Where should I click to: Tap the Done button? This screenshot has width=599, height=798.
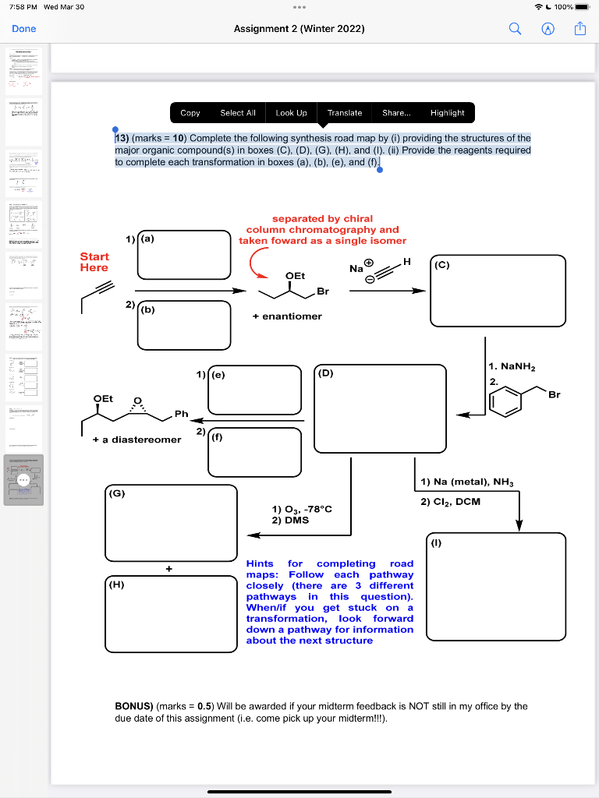(23, 29)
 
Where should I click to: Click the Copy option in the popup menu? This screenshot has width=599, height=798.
(190, 113)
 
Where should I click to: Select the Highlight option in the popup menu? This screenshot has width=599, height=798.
(447, 113)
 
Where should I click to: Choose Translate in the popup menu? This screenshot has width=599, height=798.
(345, 113)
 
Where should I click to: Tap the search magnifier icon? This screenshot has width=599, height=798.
(515, 29)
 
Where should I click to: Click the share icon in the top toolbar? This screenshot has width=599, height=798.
(579, 29)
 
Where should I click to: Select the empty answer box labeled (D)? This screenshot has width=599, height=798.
(380, 409)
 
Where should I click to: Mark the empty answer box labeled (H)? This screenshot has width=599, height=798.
(171, 608)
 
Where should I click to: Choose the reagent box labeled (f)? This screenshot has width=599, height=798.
(254, 452)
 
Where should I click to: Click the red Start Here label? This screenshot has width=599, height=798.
(94, 262)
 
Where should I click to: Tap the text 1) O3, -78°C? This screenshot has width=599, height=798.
(302, 509)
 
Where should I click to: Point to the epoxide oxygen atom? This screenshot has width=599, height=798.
(138, 401)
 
